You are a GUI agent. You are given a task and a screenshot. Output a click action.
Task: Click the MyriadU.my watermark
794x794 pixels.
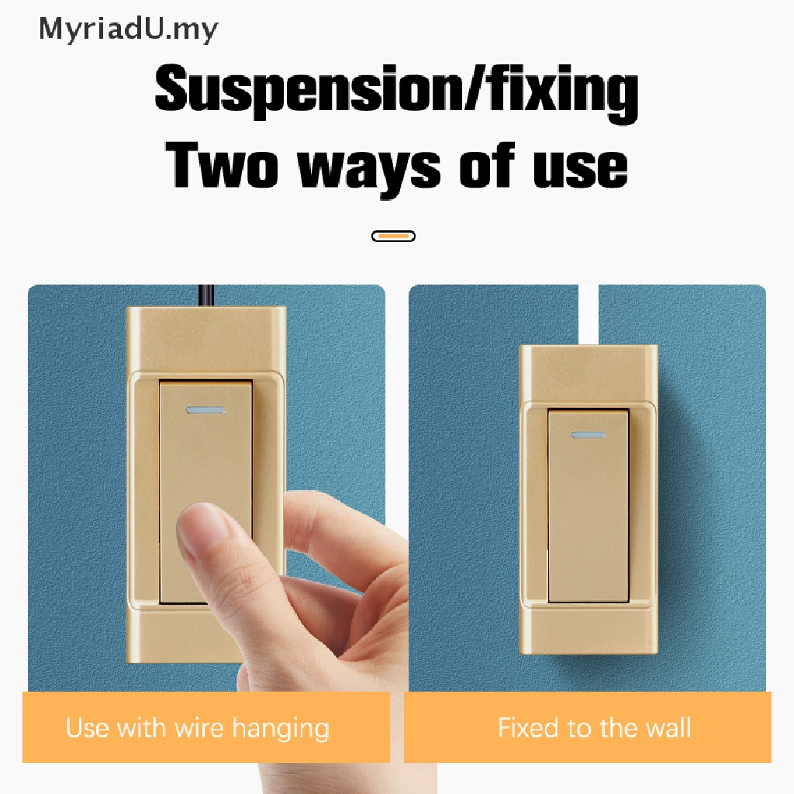(x=129, y=30)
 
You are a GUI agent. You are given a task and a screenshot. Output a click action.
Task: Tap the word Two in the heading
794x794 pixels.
(x=225, y=165)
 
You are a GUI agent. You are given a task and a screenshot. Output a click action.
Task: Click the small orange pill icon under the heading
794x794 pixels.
(x=393, y=236)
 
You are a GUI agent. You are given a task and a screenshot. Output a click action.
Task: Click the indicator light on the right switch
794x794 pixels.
(x=587, y=437)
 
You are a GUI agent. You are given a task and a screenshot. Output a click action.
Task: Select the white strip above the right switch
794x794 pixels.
(x=589, y=314)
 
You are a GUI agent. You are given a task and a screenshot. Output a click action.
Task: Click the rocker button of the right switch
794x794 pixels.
(x=588, y=512)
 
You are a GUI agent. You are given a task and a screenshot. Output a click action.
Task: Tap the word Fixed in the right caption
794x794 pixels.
(x=528, y=729)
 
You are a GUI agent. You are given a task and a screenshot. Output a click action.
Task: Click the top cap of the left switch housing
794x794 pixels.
(x=206, y=338)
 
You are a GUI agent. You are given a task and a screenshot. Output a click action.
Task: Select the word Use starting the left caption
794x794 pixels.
(x=87, y=729)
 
